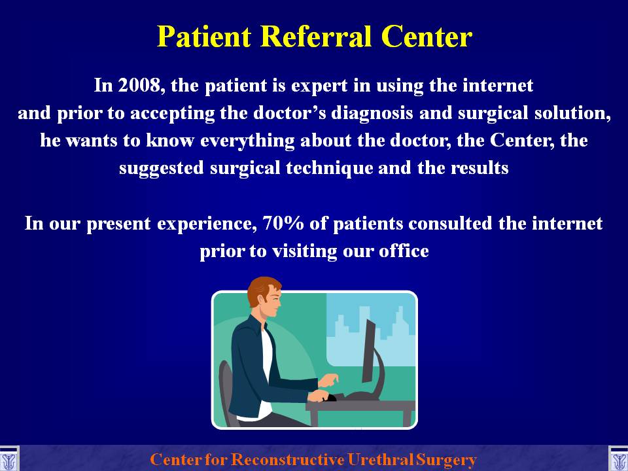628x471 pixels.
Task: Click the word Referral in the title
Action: point(318,37)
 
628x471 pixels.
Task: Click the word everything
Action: point(247,141)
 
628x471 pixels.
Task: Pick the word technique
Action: point(329,168)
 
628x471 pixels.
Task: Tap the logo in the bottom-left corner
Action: point(9,459)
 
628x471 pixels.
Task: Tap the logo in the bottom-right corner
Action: point(618,459)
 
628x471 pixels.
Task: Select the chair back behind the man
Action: point(225,387)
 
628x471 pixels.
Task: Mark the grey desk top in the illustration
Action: point(360,406)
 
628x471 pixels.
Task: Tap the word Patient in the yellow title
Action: point(204,37)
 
